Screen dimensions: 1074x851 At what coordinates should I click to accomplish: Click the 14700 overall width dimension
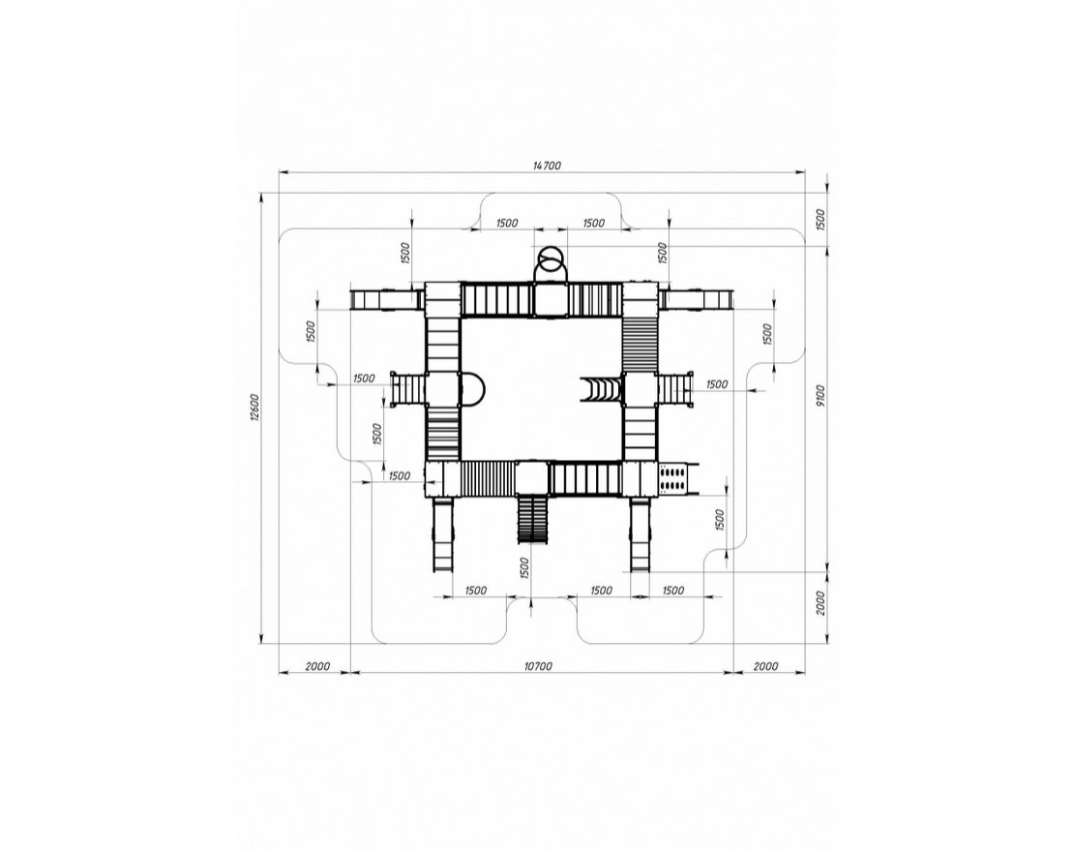tap(547, 166)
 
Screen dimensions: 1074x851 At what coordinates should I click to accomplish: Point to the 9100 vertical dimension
tap(821, 395)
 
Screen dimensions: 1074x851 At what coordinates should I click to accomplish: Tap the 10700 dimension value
tap(538, 666)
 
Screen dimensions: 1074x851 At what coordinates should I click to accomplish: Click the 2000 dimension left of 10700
tap(317, 666)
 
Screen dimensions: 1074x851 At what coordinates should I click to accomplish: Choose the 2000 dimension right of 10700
tap(765, 666)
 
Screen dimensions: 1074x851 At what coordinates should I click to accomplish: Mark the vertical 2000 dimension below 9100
tap(821, 603)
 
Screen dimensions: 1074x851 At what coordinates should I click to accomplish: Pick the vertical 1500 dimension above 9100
tap(821, 219)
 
